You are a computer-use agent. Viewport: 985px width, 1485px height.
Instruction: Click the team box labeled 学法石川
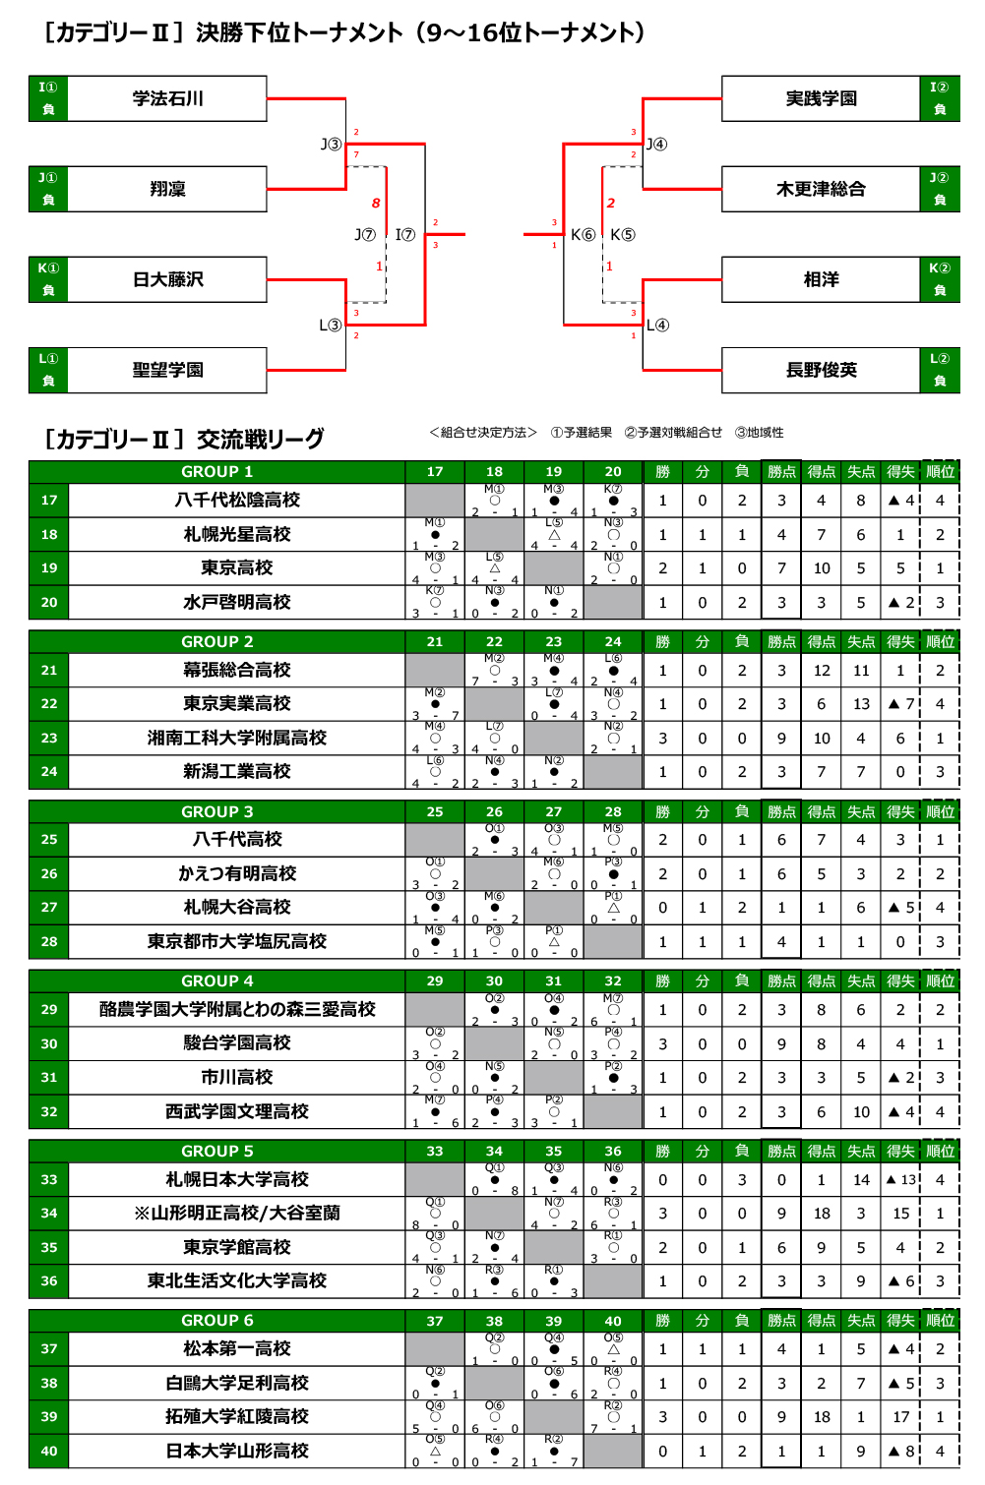tap(167, 98)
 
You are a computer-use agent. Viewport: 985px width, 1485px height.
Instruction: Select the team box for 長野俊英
tap(821, 370)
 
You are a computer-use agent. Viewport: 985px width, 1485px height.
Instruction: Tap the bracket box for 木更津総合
tap(821, 189)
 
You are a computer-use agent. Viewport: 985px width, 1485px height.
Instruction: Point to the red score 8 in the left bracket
tap(375, 204)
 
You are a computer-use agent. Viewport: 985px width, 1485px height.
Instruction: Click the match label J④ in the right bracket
tap(656, 145)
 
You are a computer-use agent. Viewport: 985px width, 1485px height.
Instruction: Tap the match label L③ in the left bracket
tap(331, 325)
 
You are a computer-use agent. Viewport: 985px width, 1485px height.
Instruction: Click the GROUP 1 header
tap(216, 472)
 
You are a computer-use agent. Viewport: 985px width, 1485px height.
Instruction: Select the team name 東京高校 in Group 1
tap(236, 568)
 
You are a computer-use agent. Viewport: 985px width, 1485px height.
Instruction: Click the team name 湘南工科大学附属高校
tap(236, 738)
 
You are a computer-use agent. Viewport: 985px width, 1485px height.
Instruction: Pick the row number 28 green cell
tap(49, 941)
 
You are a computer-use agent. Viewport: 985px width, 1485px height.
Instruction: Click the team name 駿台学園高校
tap(236, 1043)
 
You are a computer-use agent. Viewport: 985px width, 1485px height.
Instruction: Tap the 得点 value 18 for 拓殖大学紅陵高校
tap(822, 1417)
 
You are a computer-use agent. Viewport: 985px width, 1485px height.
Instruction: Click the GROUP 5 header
tap(216, 1151)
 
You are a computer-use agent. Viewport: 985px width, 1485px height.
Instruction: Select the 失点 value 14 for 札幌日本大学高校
tap(861, 1179)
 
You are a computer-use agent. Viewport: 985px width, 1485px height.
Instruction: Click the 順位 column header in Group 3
tap(940, 811)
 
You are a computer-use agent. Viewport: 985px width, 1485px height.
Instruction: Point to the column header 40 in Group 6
tap(613, 1321)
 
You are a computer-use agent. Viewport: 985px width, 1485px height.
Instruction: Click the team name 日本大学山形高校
tap(236, 1451)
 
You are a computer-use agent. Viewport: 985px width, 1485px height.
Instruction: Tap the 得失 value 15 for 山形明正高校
tap(900, 1214)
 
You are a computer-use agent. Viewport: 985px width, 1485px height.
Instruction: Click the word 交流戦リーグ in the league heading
tap(260, 439)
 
